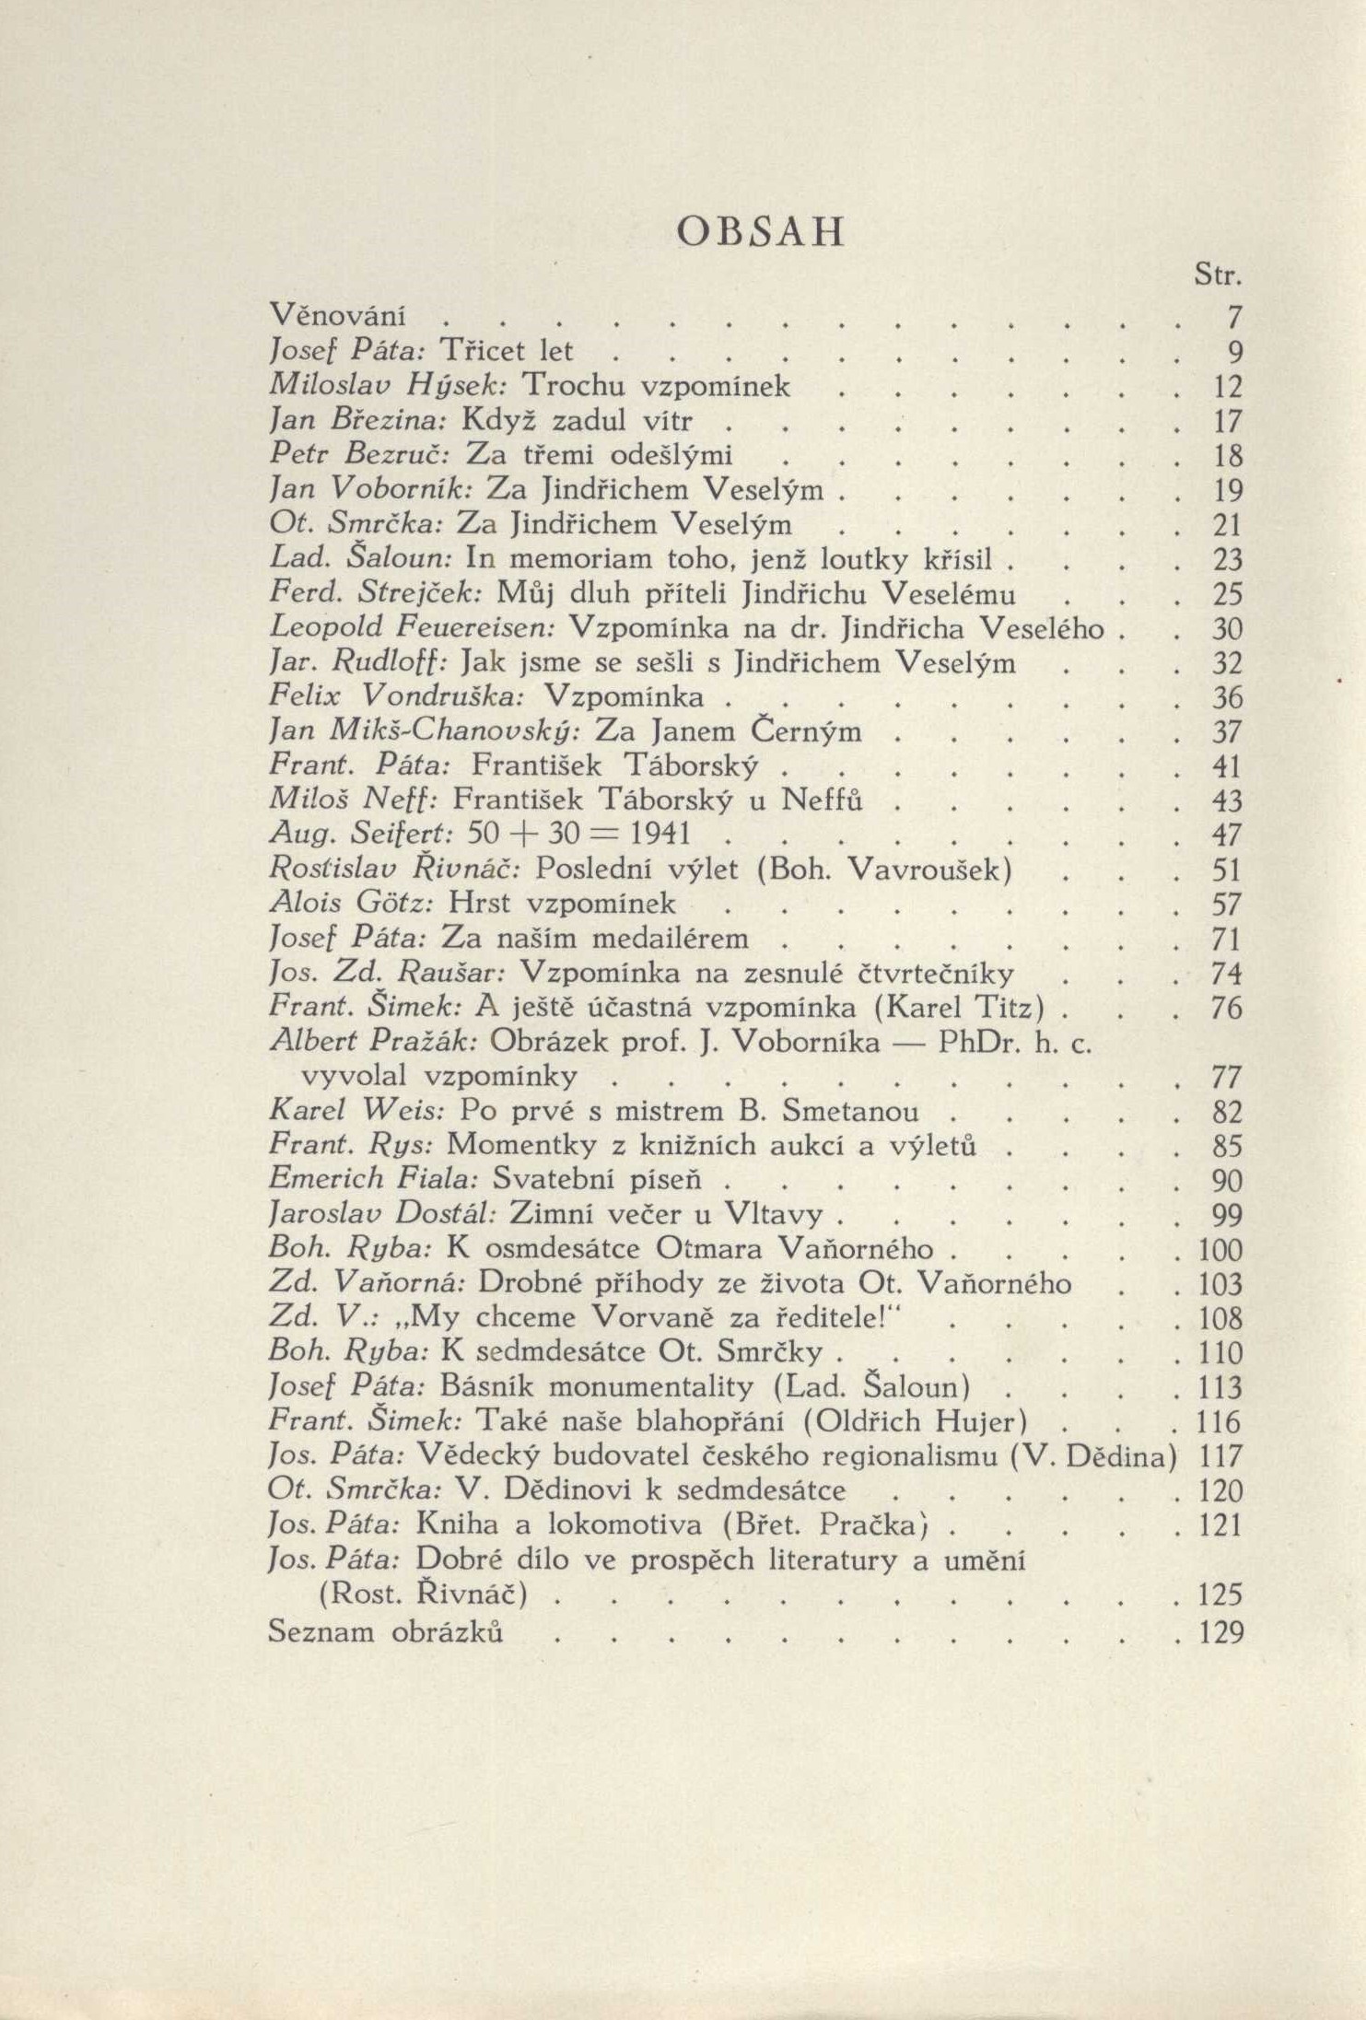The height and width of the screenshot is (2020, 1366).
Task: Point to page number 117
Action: click(x=1222, y=1458)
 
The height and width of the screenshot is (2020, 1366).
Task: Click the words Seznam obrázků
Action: click(x=385, y=1631)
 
